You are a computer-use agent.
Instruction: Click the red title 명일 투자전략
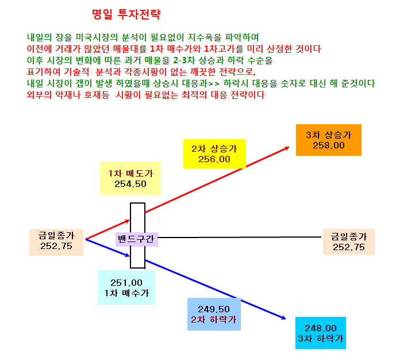(x=126, y=14)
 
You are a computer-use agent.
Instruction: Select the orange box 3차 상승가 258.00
(x=328, y=140)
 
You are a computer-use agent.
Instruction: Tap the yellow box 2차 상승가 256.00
(x=214, y=154)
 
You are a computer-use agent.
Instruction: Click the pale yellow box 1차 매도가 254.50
(x=130, y=178)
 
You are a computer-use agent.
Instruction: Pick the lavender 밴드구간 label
(x=137, y=239)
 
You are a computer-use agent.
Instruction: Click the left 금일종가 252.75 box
(x=56, y=242)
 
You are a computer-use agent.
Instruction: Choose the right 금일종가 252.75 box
(x=349, y=242)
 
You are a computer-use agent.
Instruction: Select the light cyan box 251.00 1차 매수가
(x=126, y=288)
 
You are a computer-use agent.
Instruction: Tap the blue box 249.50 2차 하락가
(x=214, y=314)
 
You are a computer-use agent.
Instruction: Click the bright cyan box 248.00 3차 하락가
(x=321, y=333)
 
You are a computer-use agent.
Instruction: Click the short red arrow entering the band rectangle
(x=107, y=229)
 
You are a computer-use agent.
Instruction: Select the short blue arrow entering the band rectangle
(x=107, y=248)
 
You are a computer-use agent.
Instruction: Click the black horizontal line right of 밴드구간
(x=240, y=237)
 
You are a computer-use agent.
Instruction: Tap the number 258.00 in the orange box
(x=328, y=145)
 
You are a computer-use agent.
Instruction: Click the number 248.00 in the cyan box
(x=321, y=328)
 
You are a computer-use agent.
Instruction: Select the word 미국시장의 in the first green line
(x=97, y=37)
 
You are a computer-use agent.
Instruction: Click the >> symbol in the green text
(x=214, y=84)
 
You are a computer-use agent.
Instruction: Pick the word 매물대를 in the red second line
(x=130, y=49)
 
